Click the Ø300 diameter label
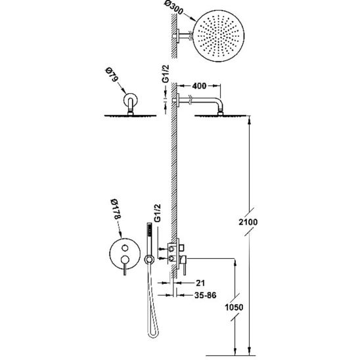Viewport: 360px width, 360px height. point(174,8)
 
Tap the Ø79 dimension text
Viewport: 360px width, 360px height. point(112,74)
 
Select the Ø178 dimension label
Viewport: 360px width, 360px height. point(116,209)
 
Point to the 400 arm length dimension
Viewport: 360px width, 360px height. point(199,86)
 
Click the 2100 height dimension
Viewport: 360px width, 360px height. point(248,222)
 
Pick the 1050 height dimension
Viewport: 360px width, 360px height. point(234,307)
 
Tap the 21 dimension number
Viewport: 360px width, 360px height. point(200,283)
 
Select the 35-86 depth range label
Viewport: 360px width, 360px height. point(205,295)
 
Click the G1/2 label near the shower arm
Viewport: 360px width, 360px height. point(166,74)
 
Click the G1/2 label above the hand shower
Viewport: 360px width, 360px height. point(157,213)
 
